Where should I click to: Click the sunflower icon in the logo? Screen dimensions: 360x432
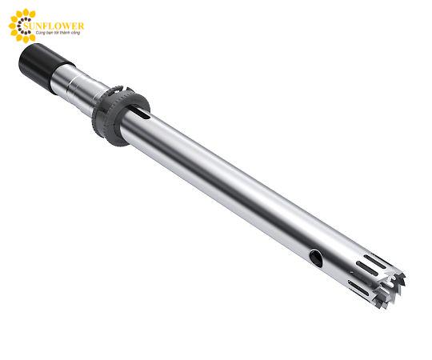click(22, 26)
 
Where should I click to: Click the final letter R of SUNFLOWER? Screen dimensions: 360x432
click(81, 26)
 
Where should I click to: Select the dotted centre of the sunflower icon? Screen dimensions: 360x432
click(22, 26)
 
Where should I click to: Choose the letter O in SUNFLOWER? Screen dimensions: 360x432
click(61, 26)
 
